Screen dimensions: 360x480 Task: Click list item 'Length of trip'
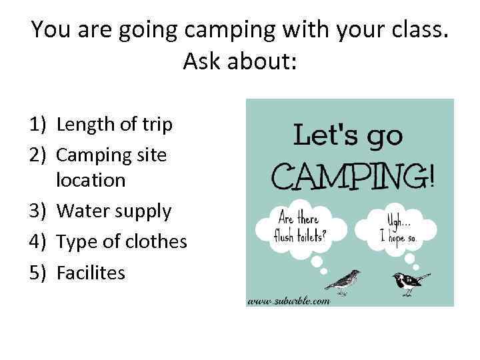tap(115, 124)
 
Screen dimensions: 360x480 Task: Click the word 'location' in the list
tap(91, 180)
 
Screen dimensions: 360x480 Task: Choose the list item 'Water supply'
tap(114, 211)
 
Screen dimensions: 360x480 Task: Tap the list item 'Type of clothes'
tap(122, 241)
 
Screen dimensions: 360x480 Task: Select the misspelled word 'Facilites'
tap(91, 272)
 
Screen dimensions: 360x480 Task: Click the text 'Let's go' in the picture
tap(349, 135)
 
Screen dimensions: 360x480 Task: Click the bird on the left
tap(343, 281)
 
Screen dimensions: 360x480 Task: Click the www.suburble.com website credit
tap(289, 300)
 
